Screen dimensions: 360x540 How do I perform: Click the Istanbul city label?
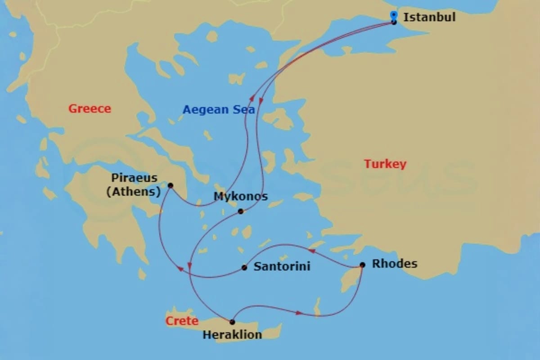(429, 18)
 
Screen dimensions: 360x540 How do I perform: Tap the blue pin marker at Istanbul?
(394, 15)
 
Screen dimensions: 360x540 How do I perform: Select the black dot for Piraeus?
(170, 185)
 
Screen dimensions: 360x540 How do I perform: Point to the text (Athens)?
(133, 192)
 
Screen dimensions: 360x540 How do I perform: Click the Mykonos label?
(240, 197)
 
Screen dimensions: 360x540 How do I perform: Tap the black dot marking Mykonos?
(241, 211)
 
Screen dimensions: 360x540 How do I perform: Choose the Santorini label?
(282, 266)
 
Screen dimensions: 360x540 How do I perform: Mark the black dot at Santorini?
(244, 267)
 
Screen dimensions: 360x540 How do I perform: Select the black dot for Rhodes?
(362, 265)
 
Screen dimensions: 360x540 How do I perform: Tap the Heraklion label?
(232, 335)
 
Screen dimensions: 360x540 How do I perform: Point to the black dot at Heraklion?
(232, 322)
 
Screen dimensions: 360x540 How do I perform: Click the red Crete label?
(182, 321)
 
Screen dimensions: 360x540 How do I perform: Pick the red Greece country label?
(90, 108)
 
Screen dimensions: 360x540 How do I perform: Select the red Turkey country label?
(385, 164)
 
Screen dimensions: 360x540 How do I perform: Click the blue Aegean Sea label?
(219, 109)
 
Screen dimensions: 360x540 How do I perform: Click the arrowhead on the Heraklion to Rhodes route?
(298, 312)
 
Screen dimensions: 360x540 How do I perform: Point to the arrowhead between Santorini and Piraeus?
(181, 269)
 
